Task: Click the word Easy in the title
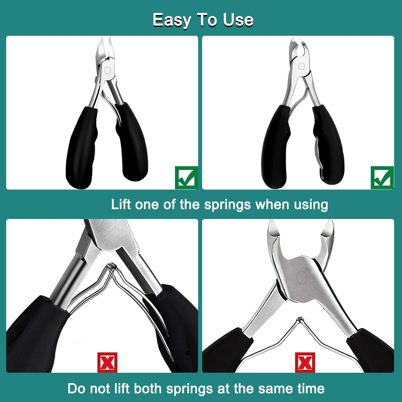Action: coord(172,20)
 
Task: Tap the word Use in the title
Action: coord(238,20)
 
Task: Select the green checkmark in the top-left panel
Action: coord(186,177)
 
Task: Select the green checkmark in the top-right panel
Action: coord(382,177)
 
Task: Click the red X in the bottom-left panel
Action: coord(107,362)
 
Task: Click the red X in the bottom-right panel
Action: coord(305,362)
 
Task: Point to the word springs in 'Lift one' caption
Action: coord(228,205)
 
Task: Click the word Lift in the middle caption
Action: coord(121,204)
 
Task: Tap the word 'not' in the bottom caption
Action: coord(99,389)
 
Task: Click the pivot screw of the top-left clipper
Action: coord(107,70)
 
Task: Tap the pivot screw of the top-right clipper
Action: coord(301,66)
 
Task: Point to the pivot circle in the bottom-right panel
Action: coord(302,277)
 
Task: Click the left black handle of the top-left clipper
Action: coord(80,147)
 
